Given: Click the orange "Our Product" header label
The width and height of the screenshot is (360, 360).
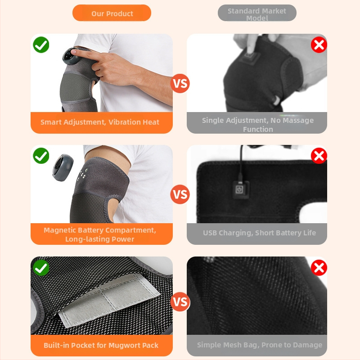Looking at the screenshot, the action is pyautogui.click(x=112, y=13).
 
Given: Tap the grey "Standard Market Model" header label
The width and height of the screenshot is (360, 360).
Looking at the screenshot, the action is pyautogui.click(x=257, y=13).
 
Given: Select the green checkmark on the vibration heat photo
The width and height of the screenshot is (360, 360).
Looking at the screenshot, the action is pyautogui.click(x=41, y=45).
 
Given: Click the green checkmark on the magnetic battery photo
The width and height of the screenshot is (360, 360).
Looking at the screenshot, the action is pyautogui.click(x=41, y=156).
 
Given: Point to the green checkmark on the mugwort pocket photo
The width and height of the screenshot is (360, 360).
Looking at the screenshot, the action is pyautogui.click(x=41, y=267).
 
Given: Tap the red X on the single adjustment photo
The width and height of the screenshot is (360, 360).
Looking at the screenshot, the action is pyautogui.click(x=319, y=45).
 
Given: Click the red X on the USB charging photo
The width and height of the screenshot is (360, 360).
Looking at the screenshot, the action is pyautogui.click(x=319, y=156).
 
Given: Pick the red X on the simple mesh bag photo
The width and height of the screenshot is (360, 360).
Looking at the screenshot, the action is pyautogui.click(x=319, y=267).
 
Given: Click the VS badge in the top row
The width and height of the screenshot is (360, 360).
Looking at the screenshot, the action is pyautogui.click(x=180, y=83).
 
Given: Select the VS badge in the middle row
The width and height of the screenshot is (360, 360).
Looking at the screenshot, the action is pyautogui.click(x=180, y=194).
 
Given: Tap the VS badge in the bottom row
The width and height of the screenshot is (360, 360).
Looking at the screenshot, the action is pyautogui.click(x=180, y=301).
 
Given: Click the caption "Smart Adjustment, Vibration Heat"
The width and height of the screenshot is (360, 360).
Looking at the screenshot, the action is pyautogui.click(x=100, y=122).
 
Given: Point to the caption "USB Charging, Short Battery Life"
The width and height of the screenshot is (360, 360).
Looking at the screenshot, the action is pyautogui.click(x=260, y=233).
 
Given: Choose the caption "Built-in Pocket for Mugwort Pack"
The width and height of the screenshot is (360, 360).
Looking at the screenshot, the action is pyautogui.click(x=101, y=345).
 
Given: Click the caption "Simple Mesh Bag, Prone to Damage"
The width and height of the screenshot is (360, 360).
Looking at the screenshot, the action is pyautogui.click(x=260, y=345).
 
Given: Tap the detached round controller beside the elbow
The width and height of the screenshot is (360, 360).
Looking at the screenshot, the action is pyautogui.click(x=63, y=167).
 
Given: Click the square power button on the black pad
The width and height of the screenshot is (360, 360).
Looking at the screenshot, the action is pyautogui.click(x=240, y=189).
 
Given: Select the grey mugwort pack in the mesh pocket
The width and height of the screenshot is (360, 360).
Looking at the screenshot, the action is pyautogui.click(x=109, y=300).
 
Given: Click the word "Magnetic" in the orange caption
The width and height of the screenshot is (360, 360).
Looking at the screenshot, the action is pyautogui.click(x=60, y=230).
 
